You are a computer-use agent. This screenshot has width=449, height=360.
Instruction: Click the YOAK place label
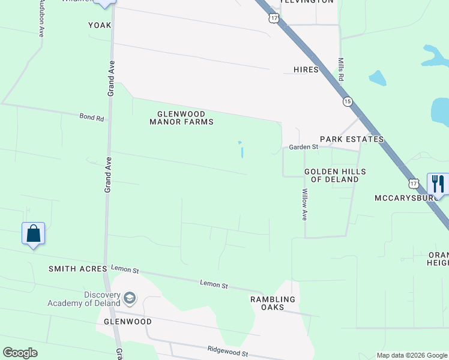(100, 25)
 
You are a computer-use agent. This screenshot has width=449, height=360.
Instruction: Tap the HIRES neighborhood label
(306, 70)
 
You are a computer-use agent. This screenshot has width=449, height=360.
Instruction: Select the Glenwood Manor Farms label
(181, 118)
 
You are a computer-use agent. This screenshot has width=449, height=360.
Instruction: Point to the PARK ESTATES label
(351, 139)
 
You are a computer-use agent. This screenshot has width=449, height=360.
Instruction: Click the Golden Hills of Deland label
(335, 175)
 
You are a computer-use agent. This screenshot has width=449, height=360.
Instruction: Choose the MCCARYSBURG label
(403, 197)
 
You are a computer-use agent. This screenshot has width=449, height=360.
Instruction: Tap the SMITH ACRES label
(77, 269)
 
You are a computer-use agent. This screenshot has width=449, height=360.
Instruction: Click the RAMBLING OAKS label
(273, 303)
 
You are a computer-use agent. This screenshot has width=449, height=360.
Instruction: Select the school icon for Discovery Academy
(130, 298)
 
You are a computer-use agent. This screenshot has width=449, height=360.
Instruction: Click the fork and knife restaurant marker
(438, 184)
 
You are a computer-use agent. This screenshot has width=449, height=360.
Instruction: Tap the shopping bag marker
(33, 233)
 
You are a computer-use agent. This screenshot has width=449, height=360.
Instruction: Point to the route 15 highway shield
(348, 102)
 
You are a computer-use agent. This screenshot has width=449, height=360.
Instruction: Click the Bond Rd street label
(92, 117)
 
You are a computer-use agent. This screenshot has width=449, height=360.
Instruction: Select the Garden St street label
(303, 147)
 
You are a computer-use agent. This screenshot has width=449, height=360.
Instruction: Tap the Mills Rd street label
(340, 70)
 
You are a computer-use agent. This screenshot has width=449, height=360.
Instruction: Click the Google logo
(20, 353)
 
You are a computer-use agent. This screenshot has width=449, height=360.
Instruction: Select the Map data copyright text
(412, 355)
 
